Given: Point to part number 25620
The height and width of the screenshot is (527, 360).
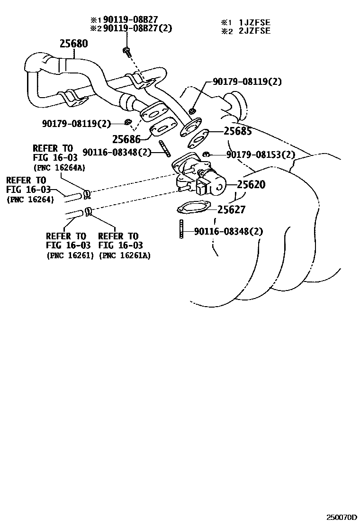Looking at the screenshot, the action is coord(251,185).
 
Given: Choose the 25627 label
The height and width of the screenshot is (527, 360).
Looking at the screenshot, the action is coord(232,209).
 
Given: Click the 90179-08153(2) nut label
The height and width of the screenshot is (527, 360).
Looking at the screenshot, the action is coord(261,155).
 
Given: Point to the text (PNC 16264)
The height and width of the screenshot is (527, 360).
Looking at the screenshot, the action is coord(30,200).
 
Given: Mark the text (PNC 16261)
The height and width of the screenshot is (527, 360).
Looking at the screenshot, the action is coord(70,255).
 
